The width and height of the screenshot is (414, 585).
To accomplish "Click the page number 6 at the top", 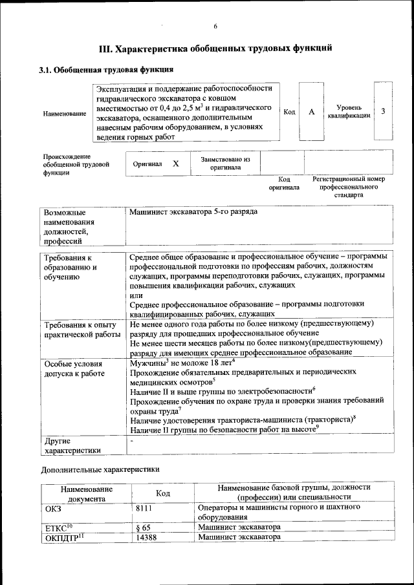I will tap(215, 26).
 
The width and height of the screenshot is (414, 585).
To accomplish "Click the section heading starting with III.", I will tap(215, 48).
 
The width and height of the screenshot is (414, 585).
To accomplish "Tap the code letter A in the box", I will tap(311, 112).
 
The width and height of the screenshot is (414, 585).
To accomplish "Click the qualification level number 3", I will tap(383, 112).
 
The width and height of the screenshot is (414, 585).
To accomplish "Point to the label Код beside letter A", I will tap(289, 112).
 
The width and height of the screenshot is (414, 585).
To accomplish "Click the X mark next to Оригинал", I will tap(176, 164).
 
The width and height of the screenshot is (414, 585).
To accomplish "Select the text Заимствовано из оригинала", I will tap(225, 163).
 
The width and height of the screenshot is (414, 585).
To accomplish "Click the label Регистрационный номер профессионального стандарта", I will tap(348, 186).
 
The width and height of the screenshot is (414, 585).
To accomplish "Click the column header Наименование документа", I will tap(87, 494).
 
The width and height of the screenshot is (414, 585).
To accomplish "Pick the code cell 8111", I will tap(146, 508).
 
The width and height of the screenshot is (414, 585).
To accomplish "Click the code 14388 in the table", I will tap(146, 537).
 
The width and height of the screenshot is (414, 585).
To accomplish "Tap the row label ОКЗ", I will tap(53, 508).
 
